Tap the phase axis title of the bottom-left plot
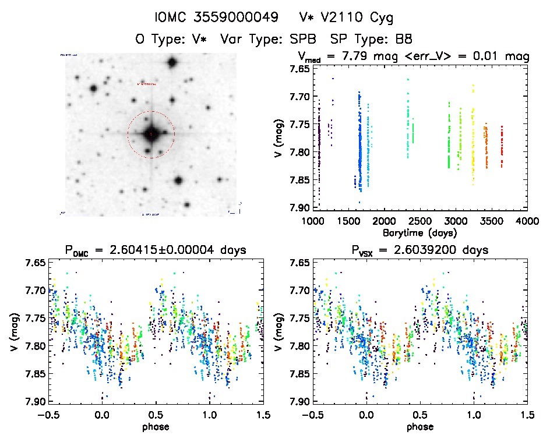156,426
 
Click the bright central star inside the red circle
151,134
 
